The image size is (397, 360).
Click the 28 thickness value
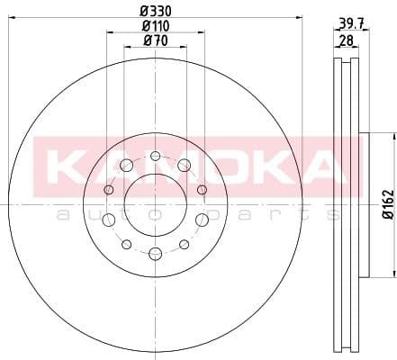[345, 40]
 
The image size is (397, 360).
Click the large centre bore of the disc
[155, 204]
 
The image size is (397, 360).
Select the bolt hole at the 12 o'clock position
[155, 156]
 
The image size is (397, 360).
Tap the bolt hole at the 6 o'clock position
[155, 253]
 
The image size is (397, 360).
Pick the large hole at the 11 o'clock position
[127, 165]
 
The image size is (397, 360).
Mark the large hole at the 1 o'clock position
[184, 165]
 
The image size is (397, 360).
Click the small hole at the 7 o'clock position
[127, 244]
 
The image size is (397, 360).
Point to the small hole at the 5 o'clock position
[184, 244]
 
